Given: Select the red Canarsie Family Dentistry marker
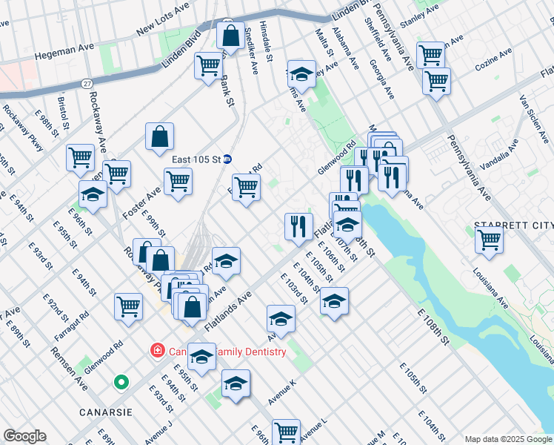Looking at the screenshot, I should pyautogui.click(x=157, y=350).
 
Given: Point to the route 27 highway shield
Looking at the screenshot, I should pyautogui.click(x=87, y=83).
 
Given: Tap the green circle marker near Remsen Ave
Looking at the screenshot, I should pyautogui.click(x=121, y=383).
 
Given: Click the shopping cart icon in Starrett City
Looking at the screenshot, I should pyautogui.click(x=489, y=240).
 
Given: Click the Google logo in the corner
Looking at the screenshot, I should pyautogui.click(x=24, y=436).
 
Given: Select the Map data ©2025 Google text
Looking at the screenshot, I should pyautogui.click(x=507, y=439).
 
